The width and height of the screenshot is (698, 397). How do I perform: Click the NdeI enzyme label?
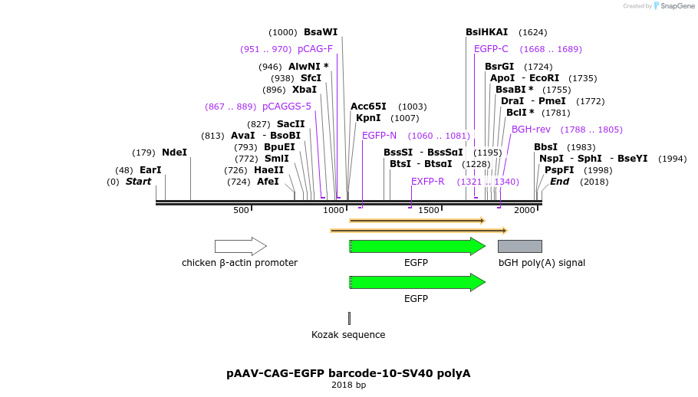click(174, 153)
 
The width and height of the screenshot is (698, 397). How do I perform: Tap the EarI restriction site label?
click(150, 170)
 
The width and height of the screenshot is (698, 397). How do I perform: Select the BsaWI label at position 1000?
click(321, 32)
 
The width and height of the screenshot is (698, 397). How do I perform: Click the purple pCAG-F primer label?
click(315, 49)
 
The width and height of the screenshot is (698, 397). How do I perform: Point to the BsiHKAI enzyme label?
click(486, 32)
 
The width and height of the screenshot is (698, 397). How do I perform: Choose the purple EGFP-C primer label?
click(491, 49)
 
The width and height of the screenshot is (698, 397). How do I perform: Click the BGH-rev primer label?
click(531, 130)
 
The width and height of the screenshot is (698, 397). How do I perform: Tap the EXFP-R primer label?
click(427, 182)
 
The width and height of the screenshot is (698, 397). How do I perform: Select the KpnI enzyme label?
click(368, 118)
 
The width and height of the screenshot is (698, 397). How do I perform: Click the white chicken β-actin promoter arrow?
click(240, 246)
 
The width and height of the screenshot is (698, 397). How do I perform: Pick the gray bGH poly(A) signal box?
click(519, 246)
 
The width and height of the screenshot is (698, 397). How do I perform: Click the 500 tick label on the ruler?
click(242, 210)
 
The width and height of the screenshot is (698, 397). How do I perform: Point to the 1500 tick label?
click(428, 210)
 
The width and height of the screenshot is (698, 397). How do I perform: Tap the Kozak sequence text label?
click(348, 335)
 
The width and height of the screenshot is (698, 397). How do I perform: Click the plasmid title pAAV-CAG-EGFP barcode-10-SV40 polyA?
click(348, 373)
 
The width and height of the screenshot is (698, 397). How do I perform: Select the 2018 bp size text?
click(348, 385)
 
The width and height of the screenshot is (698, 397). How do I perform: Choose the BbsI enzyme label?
click(545, 147)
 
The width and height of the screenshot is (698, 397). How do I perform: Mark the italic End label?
click(559, 182)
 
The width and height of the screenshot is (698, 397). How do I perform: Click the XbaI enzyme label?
click(305, 90)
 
